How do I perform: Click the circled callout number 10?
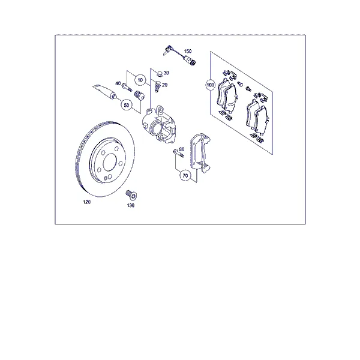click(140, 80)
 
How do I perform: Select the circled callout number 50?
click(127, 105)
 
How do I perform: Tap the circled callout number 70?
click(185, 176)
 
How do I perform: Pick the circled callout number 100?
click(211, 85)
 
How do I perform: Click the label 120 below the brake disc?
click(87, 202)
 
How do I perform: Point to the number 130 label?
click(131, 205)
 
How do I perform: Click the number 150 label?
click(188, 51)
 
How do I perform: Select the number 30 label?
click(166, 73)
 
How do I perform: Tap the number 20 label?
click(164, 85)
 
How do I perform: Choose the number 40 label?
click(118, 83)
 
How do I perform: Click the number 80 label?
click(182, 149)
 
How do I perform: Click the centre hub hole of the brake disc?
click(110, 162)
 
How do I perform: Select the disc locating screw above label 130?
click(131, 194)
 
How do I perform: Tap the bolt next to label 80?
click(178, 153)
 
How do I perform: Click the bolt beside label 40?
click(126, 87)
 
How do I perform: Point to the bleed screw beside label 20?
click(157, 86)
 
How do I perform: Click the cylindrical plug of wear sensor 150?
click(192, 61)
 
